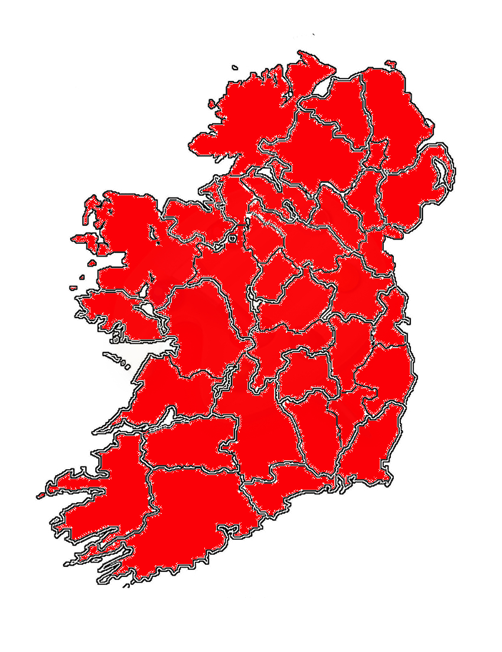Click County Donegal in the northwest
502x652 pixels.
[x=248, y=118]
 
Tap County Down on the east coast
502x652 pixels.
[x=408, y=189]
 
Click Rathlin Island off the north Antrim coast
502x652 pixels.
[x=390, y=63]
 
